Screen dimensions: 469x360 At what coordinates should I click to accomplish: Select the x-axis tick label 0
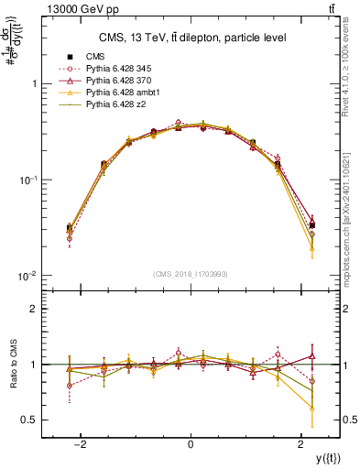click(x=190, y=443)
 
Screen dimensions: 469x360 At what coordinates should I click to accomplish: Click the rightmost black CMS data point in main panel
click(x=312, y=224)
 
